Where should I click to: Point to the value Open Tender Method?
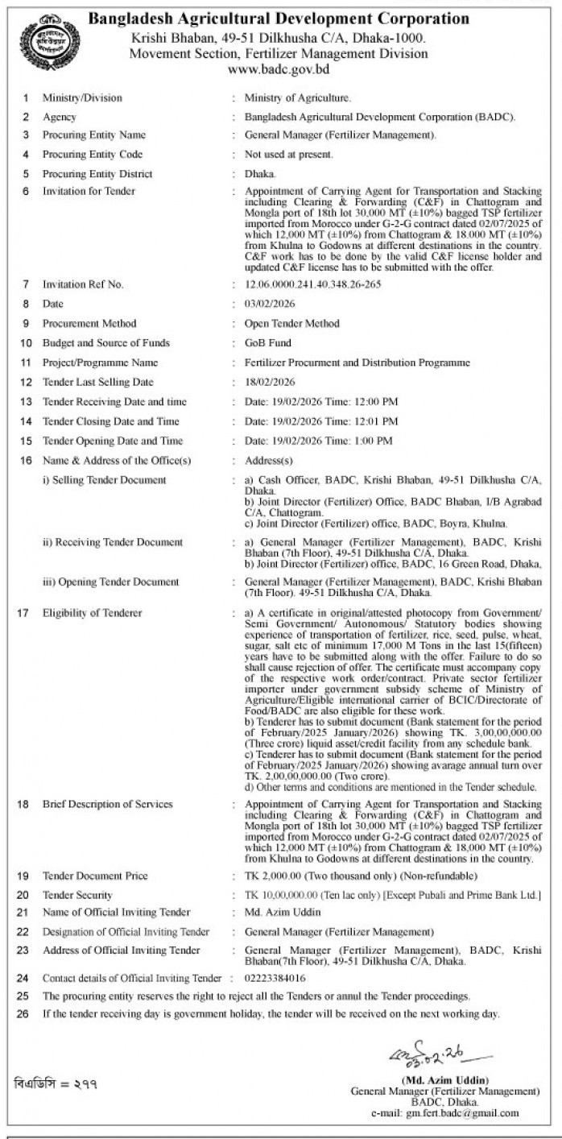point(291,324)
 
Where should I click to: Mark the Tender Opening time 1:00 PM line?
point(318,441)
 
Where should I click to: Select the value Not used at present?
point(288,154)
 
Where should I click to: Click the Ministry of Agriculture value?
point(298,98)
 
